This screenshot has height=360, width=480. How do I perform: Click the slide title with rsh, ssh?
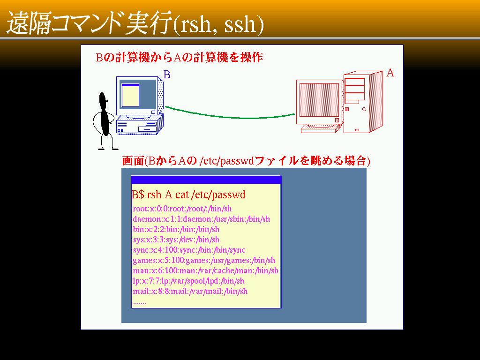click(x=135, y=23)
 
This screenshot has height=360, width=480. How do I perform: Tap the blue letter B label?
click(x=167, y=75)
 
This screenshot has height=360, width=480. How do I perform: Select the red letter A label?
click(x=390, y=73)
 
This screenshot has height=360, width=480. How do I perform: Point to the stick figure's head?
click(x=103, y=98)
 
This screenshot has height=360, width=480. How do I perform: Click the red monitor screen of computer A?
click(x=319, y=100)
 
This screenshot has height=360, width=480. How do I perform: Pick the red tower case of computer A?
click(x=363, y=102)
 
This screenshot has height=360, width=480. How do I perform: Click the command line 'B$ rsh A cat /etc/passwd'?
click(x=188, y=195)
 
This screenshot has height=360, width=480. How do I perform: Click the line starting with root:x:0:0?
click(x=182, y=209)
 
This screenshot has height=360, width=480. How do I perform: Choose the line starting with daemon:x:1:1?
click(x=202, y=219)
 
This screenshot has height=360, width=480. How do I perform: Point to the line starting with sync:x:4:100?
click(x=189, y=250)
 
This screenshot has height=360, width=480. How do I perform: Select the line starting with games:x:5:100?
click(x=204, y=261)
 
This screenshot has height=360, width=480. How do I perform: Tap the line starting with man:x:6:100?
click(x=205, y=270)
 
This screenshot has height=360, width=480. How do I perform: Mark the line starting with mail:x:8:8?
click(x=190, y=291)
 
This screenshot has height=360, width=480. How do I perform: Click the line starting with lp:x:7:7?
click(x=188, y=281)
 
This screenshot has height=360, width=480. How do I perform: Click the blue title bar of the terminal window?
click(x=206, y=180)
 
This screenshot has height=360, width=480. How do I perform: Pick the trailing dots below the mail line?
click(x=140, y=303)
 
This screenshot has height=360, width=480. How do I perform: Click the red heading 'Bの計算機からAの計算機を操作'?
click(x=180, y=57)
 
